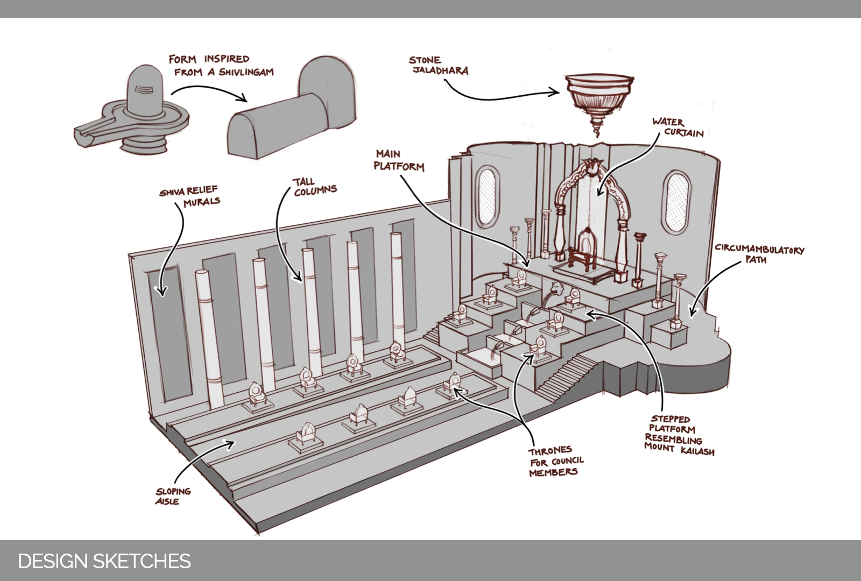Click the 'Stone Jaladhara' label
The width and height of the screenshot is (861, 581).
[x=439, y=65]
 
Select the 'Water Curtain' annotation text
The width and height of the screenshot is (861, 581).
[x=677, y=127]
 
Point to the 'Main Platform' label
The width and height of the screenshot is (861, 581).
[x=399, y=160]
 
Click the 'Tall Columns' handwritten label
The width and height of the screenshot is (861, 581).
[x=315, y=187]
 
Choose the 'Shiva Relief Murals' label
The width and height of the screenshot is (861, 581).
[x=189, y=196]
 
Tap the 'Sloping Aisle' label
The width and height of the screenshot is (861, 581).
[x=173, y=496]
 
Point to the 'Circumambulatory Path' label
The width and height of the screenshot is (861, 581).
[x=759, y=253]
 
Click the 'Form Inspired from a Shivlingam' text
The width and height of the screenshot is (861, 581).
[x=221, y=65]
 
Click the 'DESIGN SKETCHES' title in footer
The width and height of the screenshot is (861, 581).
[x=104, y=561]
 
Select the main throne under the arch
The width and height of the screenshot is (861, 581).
[x=584, y=249]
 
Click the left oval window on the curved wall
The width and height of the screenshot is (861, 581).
[x=486, y=195]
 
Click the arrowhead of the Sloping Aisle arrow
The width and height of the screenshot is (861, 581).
[x=232, y=443]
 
